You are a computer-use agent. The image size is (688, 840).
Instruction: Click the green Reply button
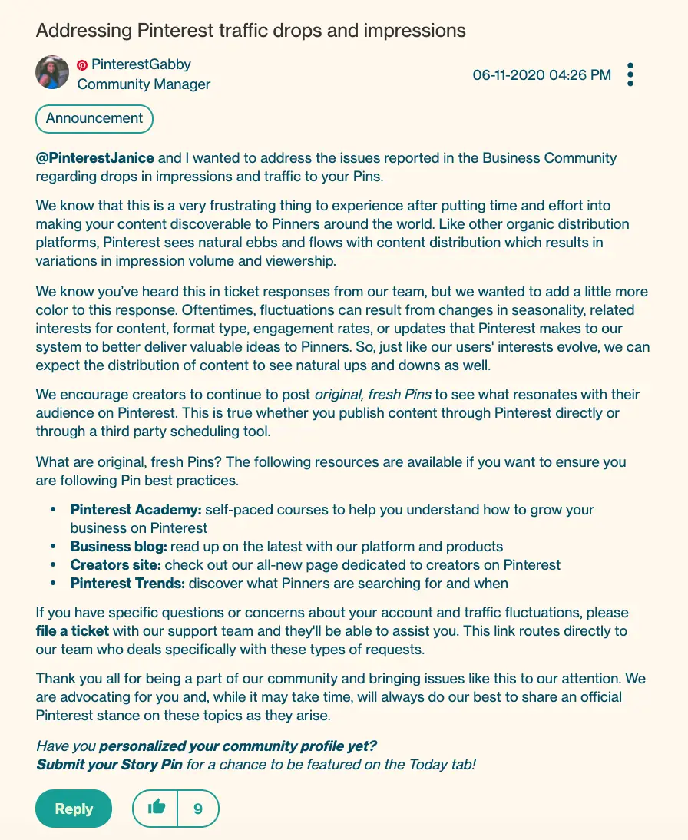74,809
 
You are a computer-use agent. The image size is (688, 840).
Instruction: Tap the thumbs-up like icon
156,808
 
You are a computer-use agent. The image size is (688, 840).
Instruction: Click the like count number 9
198,809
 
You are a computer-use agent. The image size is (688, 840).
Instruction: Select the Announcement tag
94,118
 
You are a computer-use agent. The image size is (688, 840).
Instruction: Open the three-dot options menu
630,74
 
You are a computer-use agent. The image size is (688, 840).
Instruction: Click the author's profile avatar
53,73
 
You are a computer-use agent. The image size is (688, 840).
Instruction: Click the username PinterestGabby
141,64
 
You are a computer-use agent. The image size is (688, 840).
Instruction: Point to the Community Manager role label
144,84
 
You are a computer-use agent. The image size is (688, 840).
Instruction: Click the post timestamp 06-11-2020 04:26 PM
542,74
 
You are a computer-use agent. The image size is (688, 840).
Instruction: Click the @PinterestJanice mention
95,158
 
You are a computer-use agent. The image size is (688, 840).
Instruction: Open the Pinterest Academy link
136,509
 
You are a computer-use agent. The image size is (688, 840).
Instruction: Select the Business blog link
118,547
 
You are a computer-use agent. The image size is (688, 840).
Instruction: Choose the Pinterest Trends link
127,584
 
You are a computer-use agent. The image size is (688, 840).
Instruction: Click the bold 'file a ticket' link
72,631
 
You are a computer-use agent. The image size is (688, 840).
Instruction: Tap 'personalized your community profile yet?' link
238,746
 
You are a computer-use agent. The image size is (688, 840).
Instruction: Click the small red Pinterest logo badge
82,65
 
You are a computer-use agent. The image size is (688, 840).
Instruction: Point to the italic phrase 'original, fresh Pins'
374,395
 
